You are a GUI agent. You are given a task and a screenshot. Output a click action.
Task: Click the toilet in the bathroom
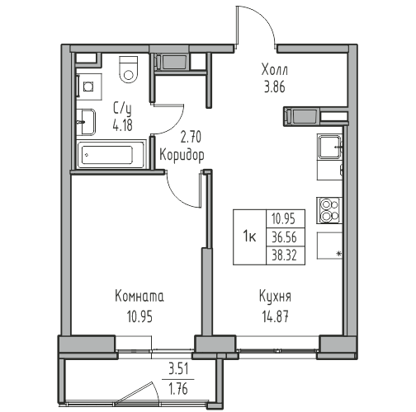click(x=128, y=69)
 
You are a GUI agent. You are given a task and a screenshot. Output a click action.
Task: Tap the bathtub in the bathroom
click(x=111, y=155)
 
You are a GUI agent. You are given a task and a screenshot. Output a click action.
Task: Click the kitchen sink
click(x=330, y=147)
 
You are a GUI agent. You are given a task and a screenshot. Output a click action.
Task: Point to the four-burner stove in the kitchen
click(x=329, y=210)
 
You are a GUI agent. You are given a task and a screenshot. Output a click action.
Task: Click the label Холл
click(x=275, y=70)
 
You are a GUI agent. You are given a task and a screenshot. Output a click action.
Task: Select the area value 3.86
click(x=275, y=87)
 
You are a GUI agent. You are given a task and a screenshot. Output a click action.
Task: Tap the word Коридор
click(x=182, y=155)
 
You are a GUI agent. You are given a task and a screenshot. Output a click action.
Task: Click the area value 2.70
click(x=191, y=138)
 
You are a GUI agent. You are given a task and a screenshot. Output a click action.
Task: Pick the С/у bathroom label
click(x=122, y=108)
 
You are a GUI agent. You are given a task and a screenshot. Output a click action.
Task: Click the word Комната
click(x=139, y=297)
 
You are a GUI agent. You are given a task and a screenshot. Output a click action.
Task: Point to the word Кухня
click(x=276, y=297)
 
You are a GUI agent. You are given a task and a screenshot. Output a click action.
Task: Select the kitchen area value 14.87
click(x=276, y=317)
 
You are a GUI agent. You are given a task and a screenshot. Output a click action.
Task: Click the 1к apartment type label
click(x=249, y=236)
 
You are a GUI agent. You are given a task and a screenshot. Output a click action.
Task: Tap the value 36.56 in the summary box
click(x=285, y=237)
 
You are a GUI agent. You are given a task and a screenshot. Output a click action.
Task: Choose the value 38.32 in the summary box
click(x=285, y=255)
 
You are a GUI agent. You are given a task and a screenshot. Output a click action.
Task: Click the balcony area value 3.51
click(x=178, y=369)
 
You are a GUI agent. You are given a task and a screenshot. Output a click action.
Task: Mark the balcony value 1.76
click(x=179, y=390)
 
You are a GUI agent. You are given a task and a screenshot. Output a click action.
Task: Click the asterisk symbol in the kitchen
click(x=339, y=254)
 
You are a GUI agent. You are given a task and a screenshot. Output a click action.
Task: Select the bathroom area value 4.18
click(x=122, y=125)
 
